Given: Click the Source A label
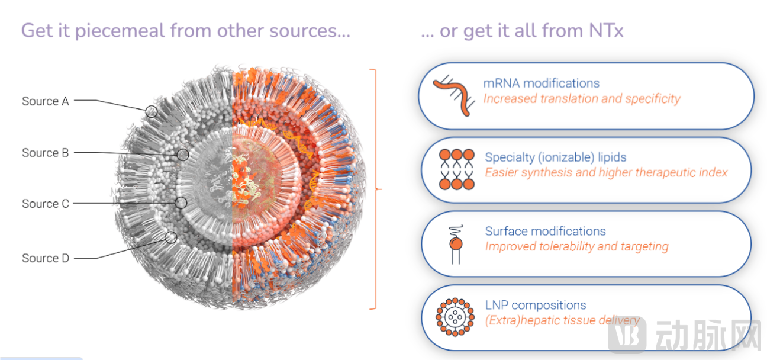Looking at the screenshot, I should (x=45, y=101).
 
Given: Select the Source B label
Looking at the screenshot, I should (x=45, y=153).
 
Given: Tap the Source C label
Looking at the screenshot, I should (x=45, y=204).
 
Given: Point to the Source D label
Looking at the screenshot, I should (x=45, y=258).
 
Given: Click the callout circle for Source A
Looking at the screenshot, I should (x=152, y=111).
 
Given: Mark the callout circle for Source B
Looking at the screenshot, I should (x=183, y=155).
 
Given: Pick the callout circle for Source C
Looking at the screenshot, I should (x=181, y=202).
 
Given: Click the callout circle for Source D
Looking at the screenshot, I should (x=170, y=237).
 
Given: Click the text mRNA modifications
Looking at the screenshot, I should (x=541, y=83).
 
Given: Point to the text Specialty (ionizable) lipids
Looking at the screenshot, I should (x=556, y=157).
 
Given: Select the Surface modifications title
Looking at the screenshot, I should (x=545, y=231).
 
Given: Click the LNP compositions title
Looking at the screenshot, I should (x=536, y=306).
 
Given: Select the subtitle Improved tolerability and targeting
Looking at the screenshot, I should (x=576, y=246).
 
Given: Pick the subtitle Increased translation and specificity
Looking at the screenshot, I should (x=581, y=99).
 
